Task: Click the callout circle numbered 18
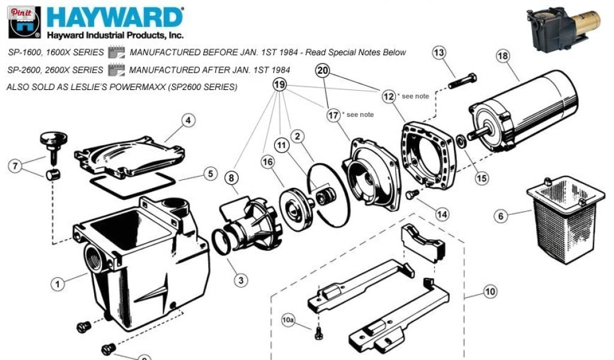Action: coord(503,56)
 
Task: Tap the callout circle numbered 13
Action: coord(440,52)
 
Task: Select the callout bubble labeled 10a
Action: coord(288,320)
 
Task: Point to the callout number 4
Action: coord(188,120)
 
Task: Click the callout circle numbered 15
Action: coord(481,178)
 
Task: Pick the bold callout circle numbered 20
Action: coord(323,71)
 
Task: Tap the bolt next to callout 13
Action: coord(462,81)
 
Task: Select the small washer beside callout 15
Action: coord(460,141)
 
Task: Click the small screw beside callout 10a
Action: coord(319,334)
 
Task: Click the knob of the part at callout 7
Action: coord(53,138)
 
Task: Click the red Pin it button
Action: coord(21,13)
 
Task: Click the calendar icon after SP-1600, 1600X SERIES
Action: coord(116,52)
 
